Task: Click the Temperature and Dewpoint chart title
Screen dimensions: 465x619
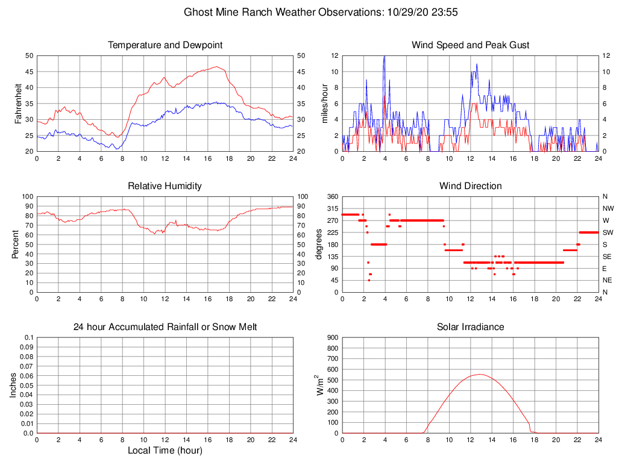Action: pos(165,45)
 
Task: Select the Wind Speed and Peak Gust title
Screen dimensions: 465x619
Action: pos(470,45)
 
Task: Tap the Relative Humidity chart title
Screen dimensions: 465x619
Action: pos(165,186)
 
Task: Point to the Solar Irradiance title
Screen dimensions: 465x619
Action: pos(470,327)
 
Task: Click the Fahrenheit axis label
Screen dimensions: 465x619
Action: pos(19,103)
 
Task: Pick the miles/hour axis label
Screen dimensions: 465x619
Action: pos(325,103)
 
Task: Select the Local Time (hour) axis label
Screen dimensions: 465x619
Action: pos(165,451)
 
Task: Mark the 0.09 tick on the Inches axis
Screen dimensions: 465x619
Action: pos(27,348)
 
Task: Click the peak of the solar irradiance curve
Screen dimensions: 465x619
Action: pos(479,375)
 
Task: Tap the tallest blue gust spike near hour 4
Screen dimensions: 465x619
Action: pos(385,58)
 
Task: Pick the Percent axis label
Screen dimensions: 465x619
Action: pos(16,244)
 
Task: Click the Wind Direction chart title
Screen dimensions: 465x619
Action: pos(470,186)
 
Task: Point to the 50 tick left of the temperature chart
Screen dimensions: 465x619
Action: pos(29,56)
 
